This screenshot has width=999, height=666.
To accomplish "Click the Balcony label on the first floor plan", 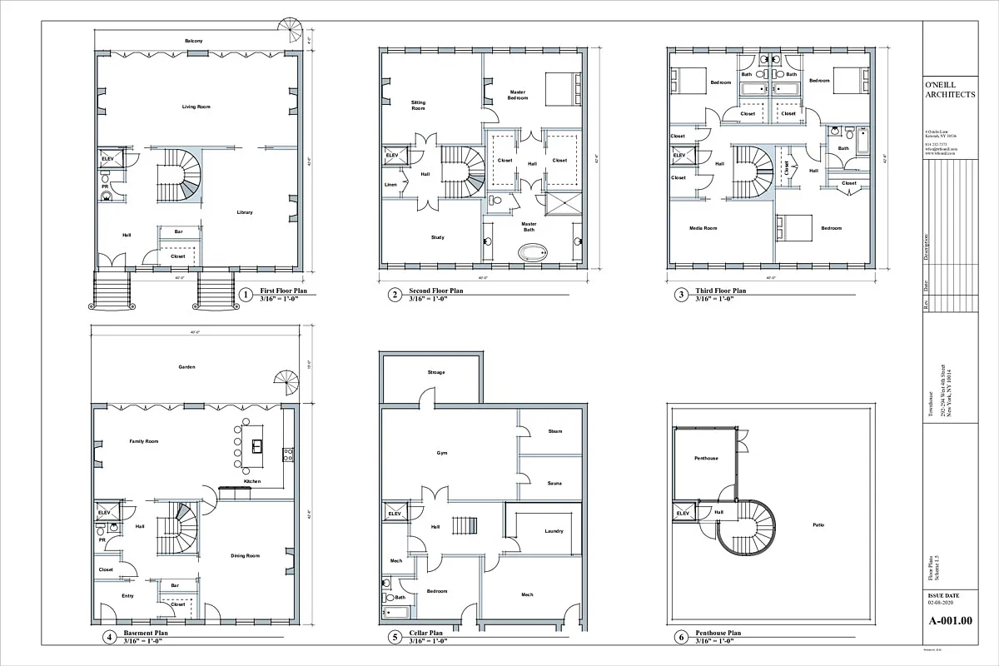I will click(194, 41).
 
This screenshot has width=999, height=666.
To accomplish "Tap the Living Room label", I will click(196, 107).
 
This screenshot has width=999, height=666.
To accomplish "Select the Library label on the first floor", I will click(244, 212).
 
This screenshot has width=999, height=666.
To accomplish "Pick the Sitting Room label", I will click(418, 106).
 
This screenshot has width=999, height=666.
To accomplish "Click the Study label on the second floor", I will click(437, 237).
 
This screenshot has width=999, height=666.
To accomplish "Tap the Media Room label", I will click(703, 227).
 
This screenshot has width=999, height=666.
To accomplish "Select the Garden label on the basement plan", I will click(186, 366).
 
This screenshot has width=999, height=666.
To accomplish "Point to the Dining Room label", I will click(246, 555).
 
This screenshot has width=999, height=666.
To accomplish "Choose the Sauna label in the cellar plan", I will click(554, 483).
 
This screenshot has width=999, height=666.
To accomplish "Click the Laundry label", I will click(554, 531).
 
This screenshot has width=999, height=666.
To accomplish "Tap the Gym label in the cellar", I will click(442, 454).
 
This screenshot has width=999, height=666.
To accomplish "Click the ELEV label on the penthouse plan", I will click(683, 514).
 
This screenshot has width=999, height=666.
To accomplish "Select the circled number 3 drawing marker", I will click(681, 294).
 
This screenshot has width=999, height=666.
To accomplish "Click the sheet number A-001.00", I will click(949, 621).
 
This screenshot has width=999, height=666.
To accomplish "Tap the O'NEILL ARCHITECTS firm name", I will click(950, 90).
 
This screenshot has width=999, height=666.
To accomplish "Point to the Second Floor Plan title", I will click(435, 291).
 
